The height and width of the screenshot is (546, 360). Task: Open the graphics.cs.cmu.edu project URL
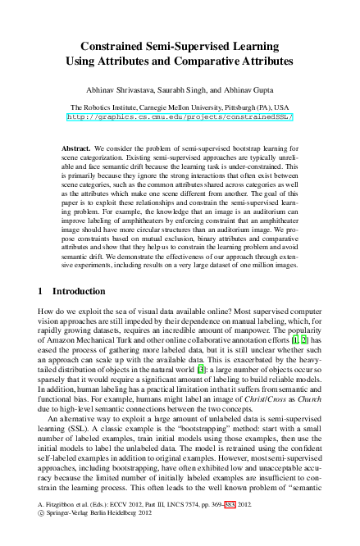(x=179, y=117)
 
